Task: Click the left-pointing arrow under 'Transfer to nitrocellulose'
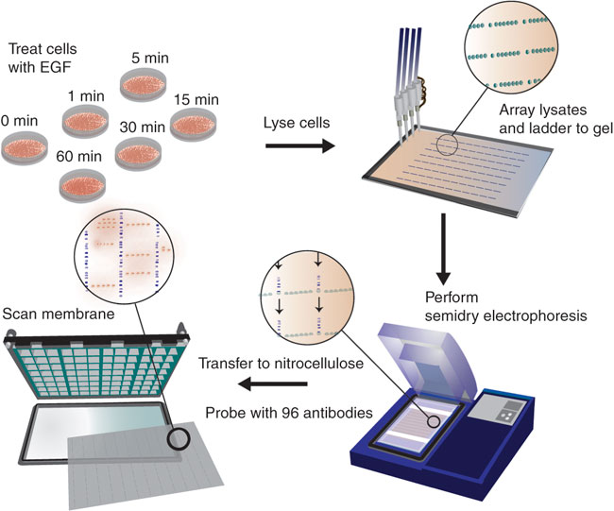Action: click(x=275, y=383)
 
